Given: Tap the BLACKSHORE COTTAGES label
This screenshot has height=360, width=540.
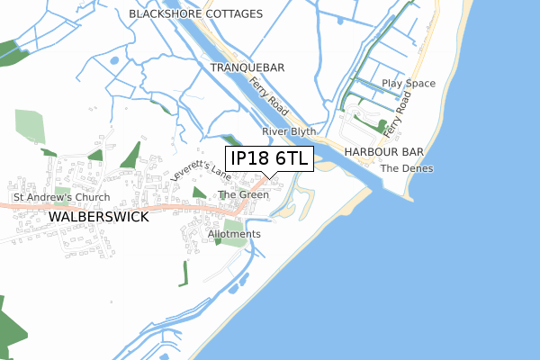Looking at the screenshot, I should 195,14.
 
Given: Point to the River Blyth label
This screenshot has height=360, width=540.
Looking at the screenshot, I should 286,131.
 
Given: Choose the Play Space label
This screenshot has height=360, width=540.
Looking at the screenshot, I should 408,84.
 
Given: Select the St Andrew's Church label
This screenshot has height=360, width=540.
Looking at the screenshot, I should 61,197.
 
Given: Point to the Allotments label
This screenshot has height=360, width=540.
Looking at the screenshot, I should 234,234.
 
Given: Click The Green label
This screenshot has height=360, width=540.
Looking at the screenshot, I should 244,194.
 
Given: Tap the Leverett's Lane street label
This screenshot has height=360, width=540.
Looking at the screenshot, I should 201,176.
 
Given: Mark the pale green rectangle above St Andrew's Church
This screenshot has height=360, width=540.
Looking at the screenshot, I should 30,126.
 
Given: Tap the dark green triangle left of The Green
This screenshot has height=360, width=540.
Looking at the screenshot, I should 198,193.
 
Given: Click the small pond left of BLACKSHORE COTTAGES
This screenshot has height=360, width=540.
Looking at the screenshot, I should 113,60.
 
